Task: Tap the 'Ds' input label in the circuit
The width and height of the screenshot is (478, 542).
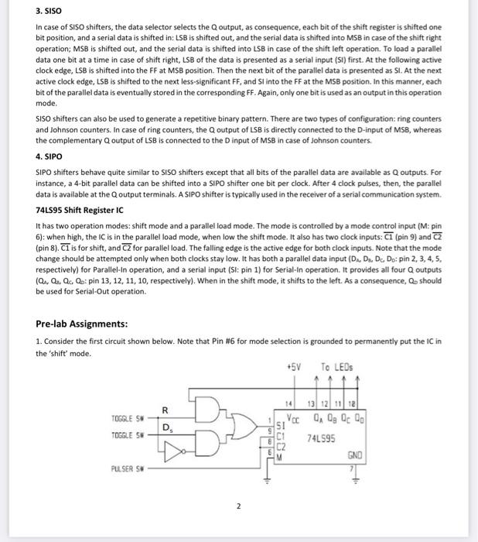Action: [167, 427]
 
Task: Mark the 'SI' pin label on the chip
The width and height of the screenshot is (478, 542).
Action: [279, 424]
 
